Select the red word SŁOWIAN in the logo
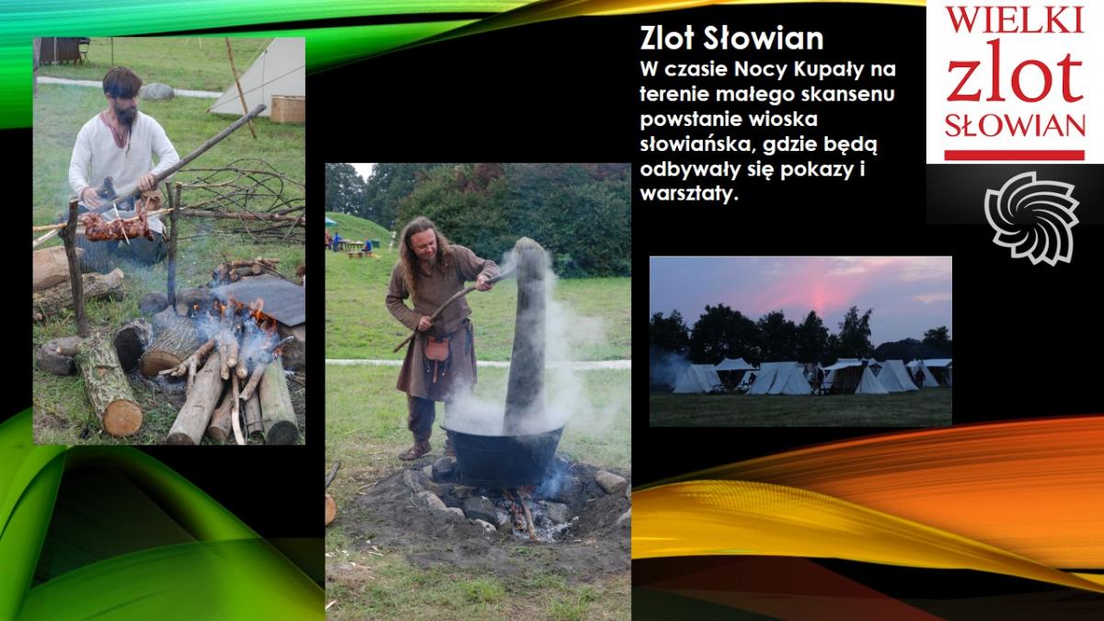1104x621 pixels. (1016, 126)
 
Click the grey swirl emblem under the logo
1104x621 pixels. (1031, 218)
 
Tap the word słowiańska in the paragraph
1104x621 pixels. (692, 145)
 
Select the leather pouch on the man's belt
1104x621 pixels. (437, 349)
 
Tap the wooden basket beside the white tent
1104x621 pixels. (287, 109)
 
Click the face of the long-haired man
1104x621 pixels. (424, 240)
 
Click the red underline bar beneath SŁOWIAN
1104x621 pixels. (1014, 155)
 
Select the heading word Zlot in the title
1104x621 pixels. (668, 39)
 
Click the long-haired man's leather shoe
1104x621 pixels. (415, 451)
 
